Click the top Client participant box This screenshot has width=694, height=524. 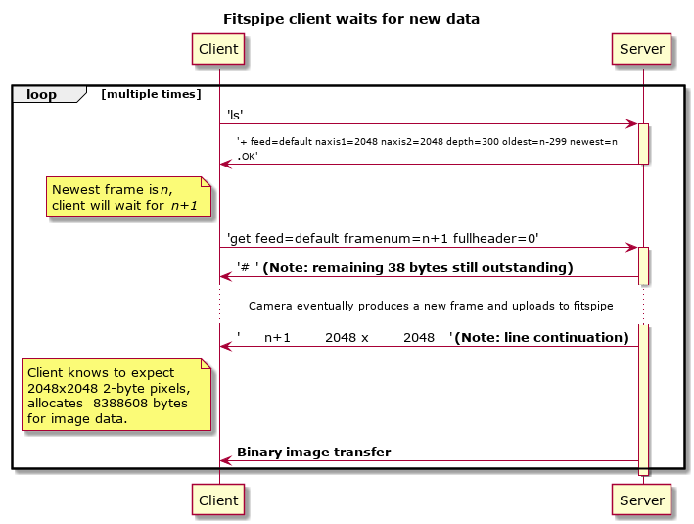pyautogui.click(x=218, y=49)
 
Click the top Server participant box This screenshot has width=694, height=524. pyautogui.click(x=641, y=49)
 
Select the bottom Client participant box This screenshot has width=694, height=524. pyautogui.click(x=218, y=500)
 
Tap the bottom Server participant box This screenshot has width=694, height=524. pyautogui.click(x=641, y=500)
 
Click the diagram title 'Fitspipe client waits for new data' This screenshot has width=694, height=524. pyautogui.click(x=351, y=19)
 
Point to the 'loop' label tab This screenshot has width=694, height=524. pyautogui.click(x=49, y=94)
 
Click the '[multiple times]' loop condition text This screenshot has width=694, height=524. pyautogui.click(x=151, y=94)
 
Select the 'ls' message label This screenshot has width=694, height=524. pyautogui.click(x=235, y=116)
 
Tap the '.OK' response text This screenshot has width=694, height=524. pyautogui.click(x=248, y=157)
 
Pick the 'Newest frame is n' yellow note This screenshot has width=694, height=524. pyautogui.click(x=129, y=197)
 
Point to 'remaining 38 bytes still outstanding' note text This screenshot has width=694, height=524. pyautogui.click(x=418, y=268)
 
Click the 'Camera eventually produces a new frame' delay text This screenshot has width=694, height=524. pyautogui.click(x=431, y=306)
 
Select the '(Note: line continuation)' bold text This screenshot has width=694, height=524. pyautogui.click(x=541, y=338)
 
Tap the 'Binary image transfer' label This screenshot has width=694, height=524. pyautogui.click(x=314, y=452)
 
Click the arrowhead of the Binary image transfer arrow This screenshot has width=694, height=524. pyautogui.click(x=226, y=461)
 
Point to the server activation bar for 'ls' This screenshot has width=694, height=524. pyautogui.click(x=643, y=144)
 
